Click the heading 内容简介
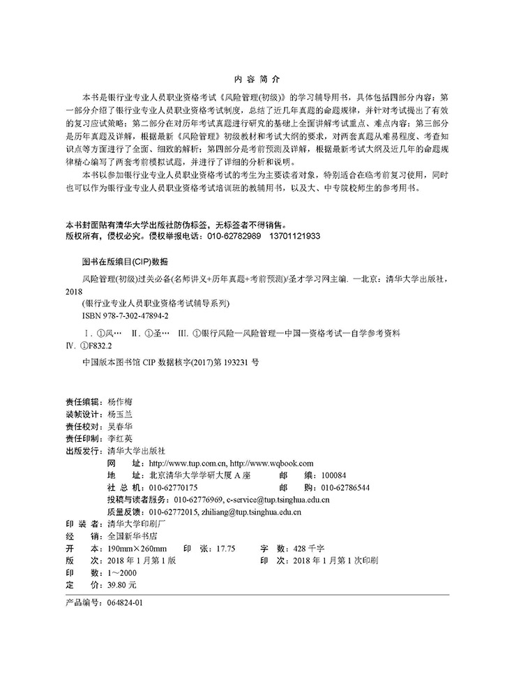click(257, 80)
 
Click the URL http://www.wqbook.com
click(271, 463)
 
